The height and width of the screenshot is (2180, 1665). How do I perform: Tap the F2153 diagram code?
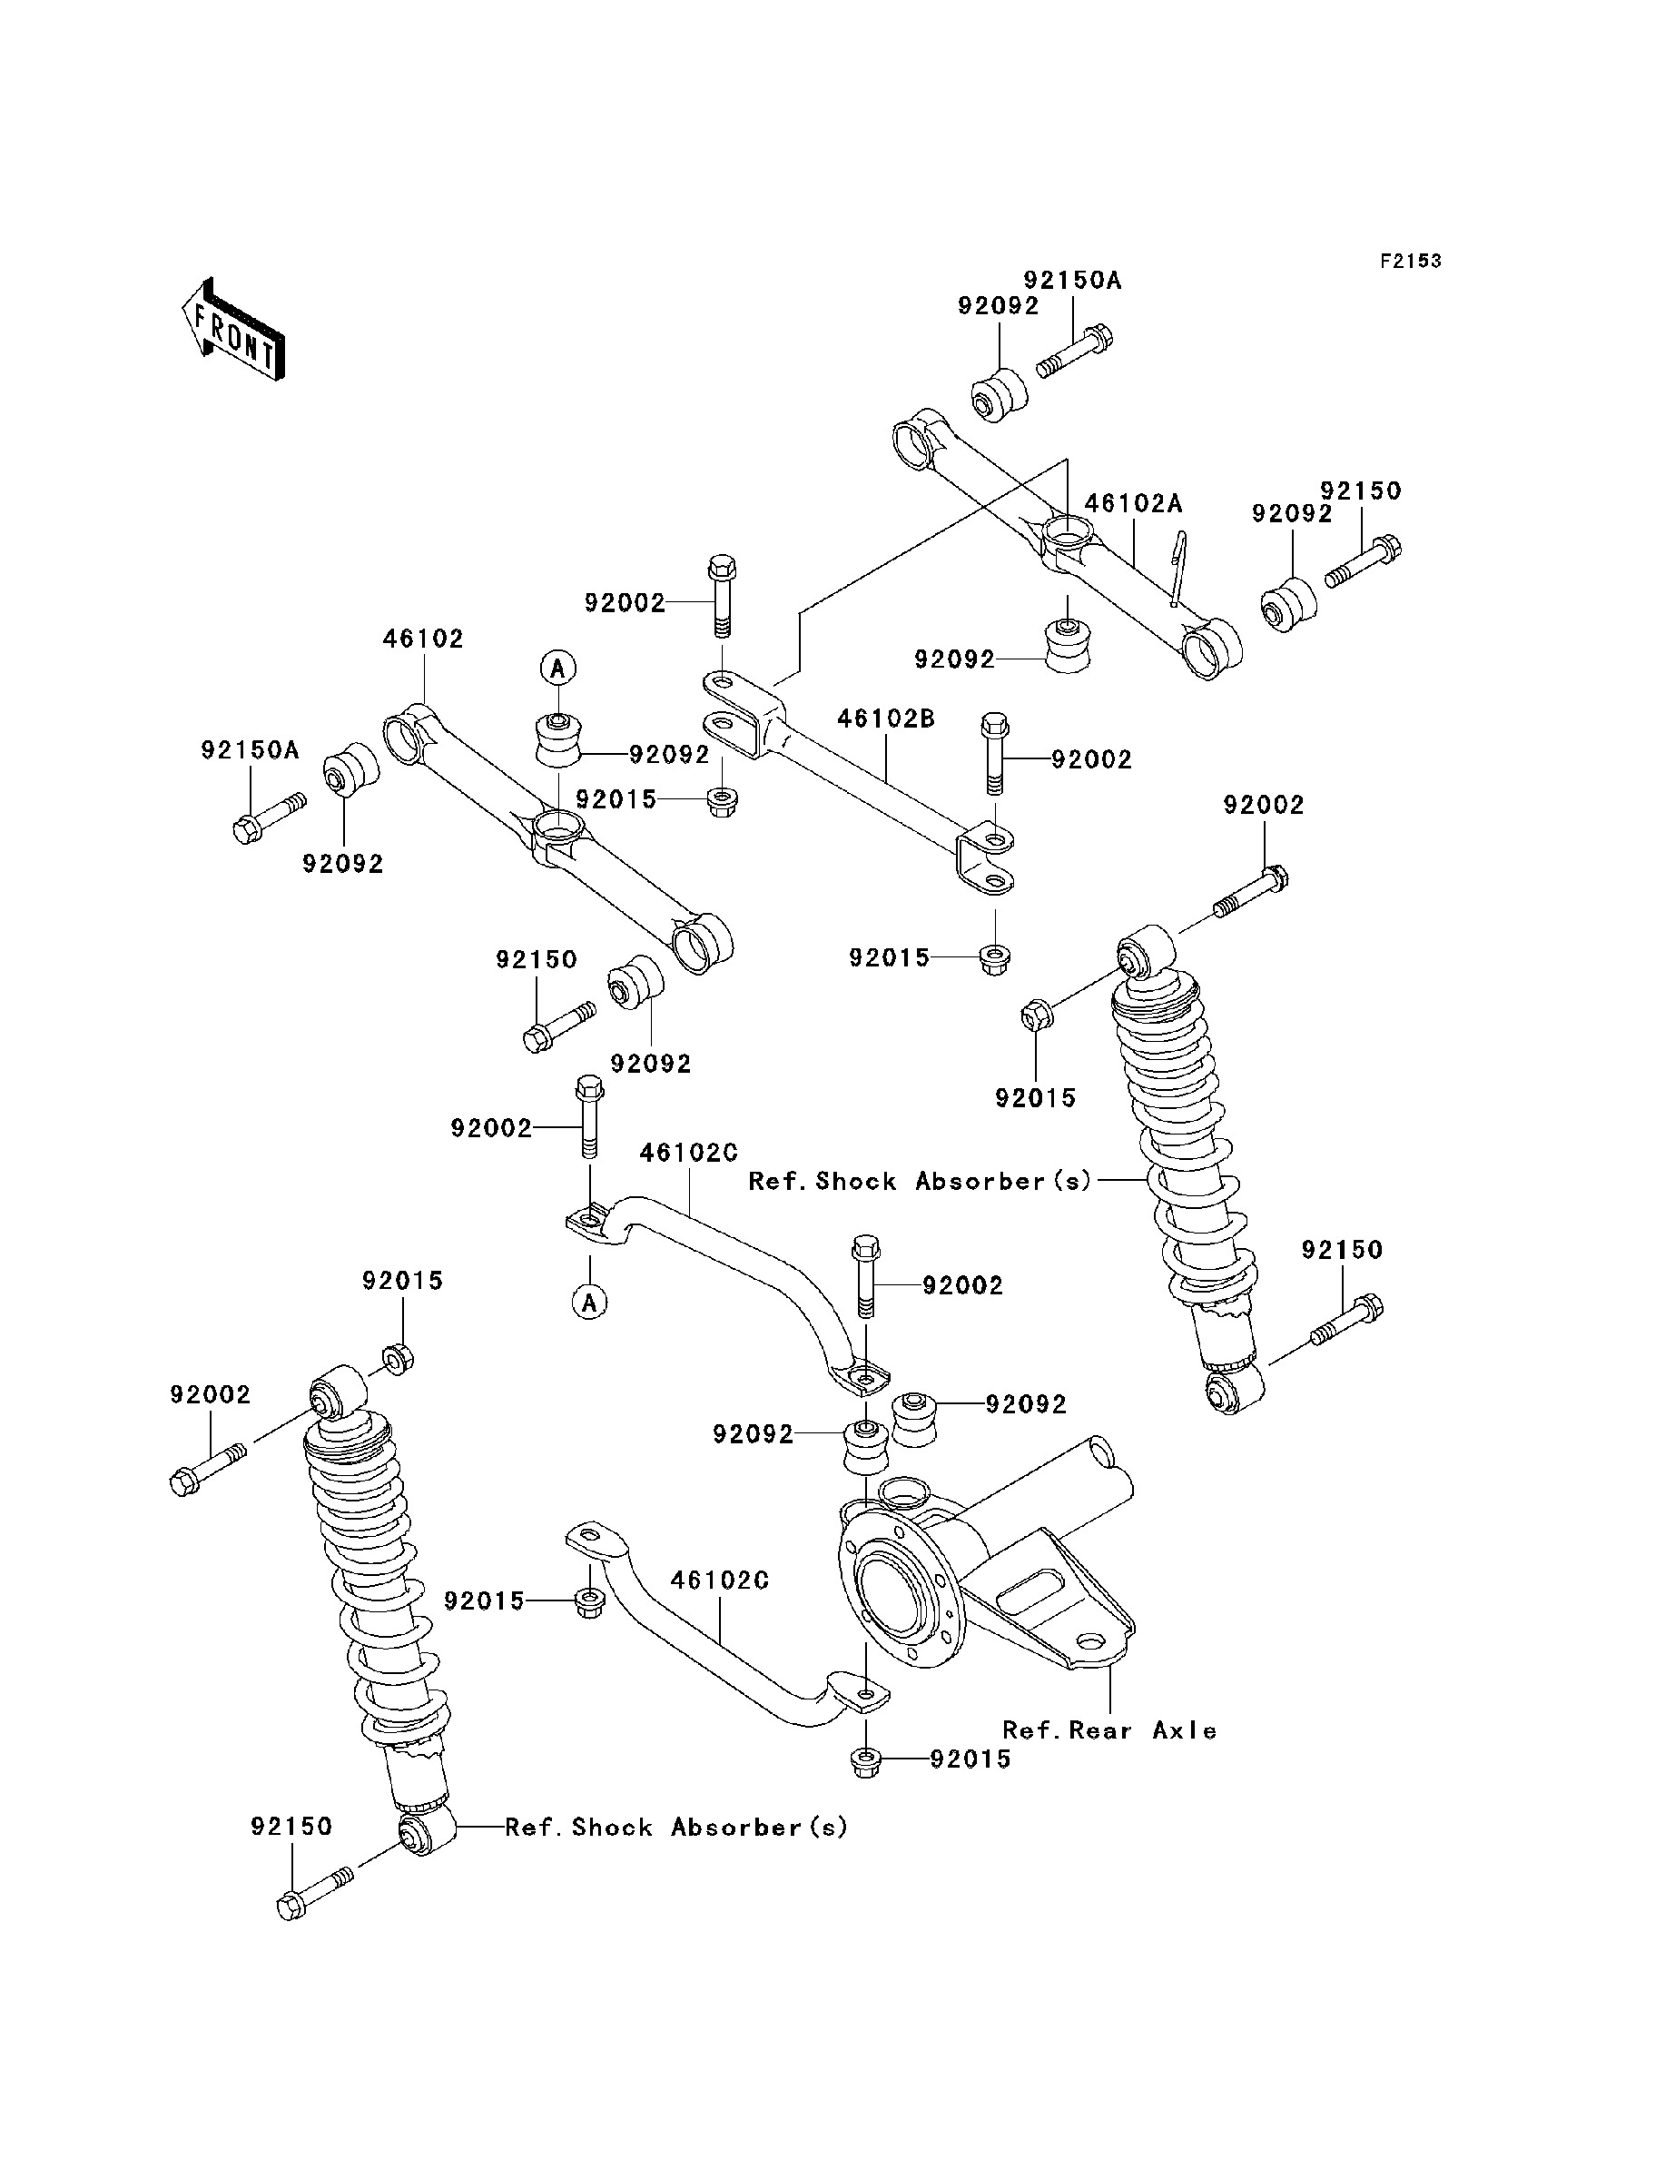click(1410, 261)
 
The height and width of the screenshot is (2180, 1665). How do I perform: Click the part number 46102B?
click(886, 718)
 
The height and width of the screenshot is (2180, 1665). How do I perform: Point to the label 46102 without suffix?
click(423, 639)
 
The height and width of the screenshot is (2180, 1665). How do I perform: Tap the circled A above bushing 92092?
click(558, 669)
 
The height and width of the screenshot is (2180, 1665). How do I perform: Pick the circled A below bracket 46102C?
click(590, 1302)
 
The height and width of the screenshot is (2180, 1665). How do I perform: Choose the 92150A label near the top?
click(1072, 281)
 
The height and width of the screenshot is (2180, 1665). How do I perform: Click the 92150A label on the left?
click(250, 750)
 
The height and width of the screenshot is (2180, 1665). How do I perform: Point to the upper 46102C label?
click(689, 1153)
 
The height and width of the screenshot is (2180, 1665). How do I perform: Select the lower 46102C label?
click(720, 1580)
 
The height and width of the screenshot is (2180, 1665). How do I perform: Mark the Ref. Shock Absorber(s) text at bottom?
click(676, 1827)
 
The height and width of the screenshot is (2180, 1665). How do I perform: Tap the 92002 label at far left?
click(210, 1395)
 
